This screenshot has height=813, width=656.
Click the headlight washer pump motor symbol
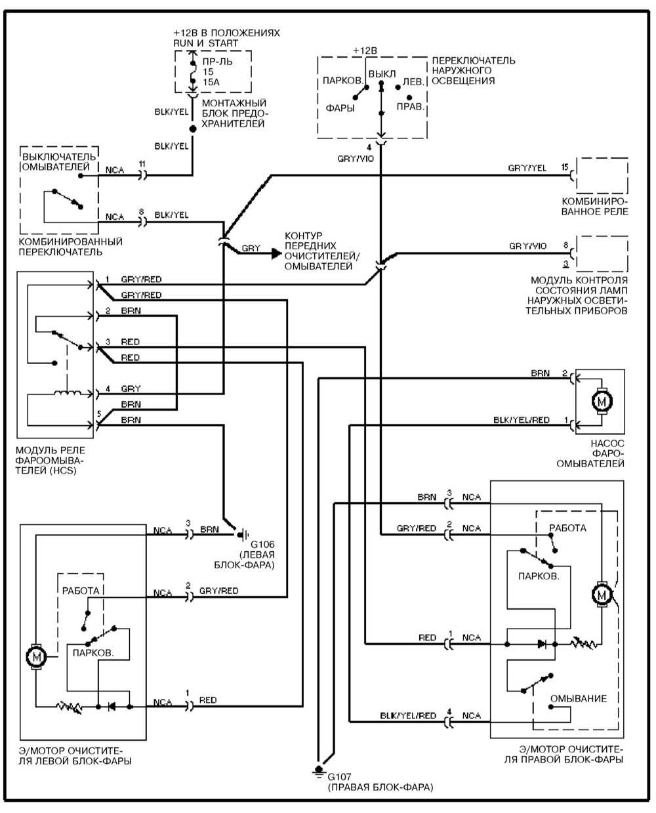pos(601,401)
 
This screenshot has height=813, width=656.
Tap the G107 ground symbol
pos(318,772)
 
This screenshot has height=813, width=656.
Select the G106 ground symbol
pos(242,535)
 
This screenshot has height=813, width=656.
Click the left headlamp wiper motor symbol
pos(36,657)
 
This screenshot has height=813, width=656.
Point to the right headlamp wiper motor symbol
pos(601,594)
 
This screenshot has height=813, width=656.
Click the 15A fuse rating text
pos(211,82)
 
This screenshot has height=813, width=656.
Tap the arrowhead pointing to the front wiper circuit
pos(276,253)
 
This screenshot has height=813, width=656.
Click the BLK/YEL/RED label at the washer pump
pos(521,420)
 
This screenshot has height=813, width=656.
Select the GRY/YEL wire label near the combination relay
pos(527,168)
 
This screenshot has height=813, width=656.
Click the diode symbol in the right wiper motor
pos(542,644)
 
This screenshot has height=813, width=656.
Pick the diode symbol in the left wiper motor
pos(112,707)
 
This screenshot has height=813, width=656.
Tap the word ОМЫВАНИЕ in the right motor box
pos(578,699)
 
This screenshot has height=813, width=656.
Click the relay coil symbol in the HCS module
pos(67,392)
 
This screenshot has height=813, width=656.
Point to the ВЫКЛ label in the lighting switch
pos(382,73)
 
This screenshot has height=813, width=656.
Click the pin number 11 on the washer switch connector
pos(142,164)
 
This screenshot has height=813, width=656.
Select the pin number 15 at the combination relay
pos(565,167)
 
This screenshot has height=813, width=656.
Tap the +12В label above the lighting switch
pos(365,51)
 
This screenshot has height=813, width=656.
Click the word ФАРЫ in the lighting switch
pos(340,108)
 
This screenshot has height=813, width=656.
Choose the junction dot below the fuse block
pos(193,129)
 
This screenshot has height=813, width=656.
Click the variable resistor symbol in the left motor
pos(69,707)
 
